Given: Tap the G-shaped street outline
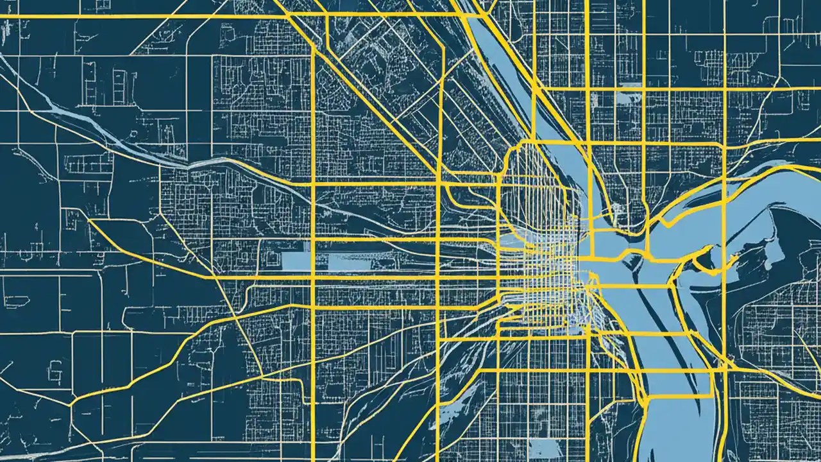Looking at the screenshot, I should tap(56, 369).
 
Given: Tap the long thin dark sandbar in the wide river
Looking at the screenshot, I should tap(648, 308).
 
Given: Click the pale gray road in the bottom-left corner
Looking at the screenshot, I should tap(38, 454).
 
